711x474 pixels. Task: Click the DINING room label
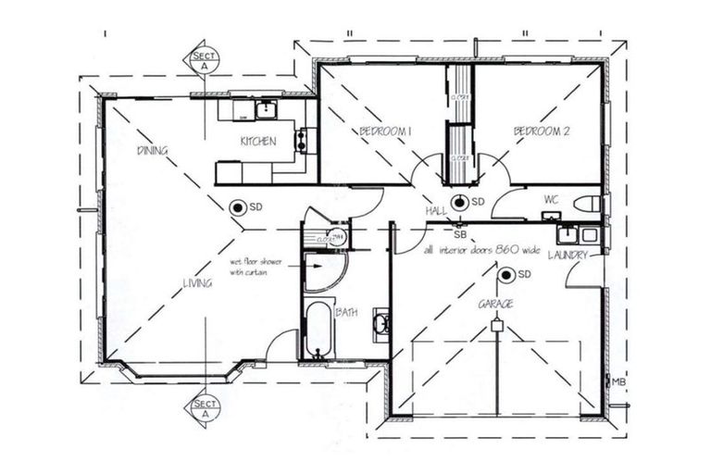(152, 150)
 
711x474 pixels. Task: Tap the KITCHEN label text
(258, 142)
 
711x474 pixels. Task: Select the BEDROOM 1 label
(385, 132)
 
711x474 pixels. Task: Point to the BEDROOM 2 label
(542, 132)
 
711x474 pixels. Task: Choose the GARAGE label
(496, 304)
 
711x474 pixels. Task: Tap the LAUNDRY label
(568, 255)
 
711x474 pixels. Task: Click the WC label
(552, 198)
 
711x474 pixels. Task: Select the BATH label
(346, 313)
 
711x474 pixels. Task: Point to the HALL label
(436, 212)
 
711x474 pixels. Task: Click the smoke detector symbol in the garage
(505, 274)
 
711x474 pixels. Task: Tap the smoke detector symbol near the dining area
(237, 207)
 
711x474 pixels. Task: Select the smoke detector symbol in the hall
(458, 202)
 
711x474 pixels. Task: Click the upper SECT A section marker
(205, 57)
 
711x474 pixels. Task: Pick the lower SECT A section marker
(205, 406)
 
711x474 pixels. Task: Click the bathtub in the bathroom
(318, 329)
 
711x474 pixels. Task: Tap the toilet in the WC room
(586, 204)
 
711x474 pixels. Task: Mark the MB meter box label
(617, 380)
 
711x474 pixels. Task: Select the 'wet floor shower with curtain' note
(256, 267)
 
